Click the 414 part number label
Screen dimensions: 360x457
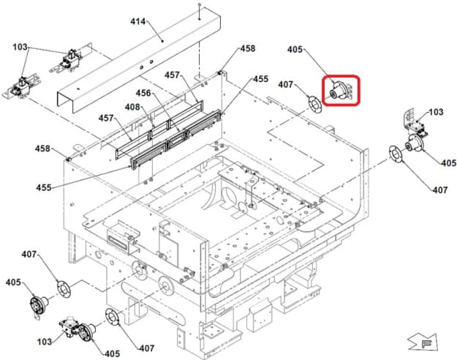[x=138, y=23]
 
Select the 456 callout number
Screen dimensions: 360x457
[x=143, y=93]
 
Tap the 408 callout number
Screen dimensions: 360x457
[x=132, y=107]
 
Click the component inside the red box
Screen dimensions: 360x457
[x=340, y=91]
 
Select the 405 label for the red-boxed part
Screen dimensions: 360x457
[x=295, y=50]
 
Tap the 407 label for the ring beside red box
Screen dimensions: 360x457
[x=286, y=85]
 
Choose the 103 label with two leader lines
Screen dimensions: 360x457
[x=20, y=48]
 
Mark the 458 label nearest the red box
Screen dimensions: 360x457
[x=248, y=49]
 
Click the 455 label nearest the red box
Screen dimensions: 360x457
[x=260, y=78]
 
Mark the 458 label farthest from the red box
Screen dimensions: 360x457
[x=43, y=149]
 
